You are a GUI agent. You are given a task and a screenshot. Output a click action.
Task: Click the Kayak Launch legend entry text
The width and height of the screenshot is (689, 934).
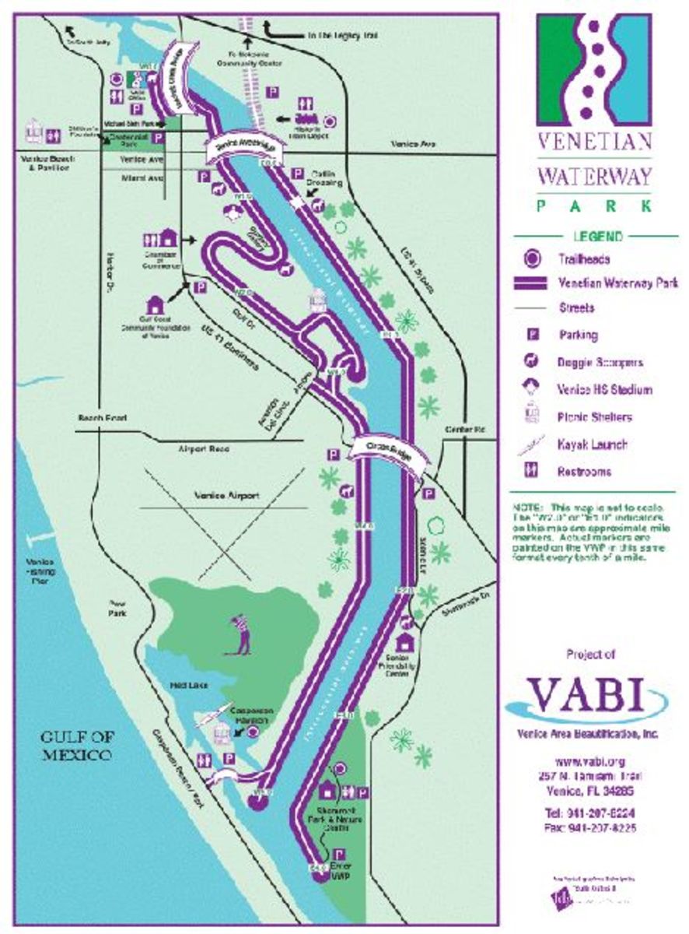[591, 445]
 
